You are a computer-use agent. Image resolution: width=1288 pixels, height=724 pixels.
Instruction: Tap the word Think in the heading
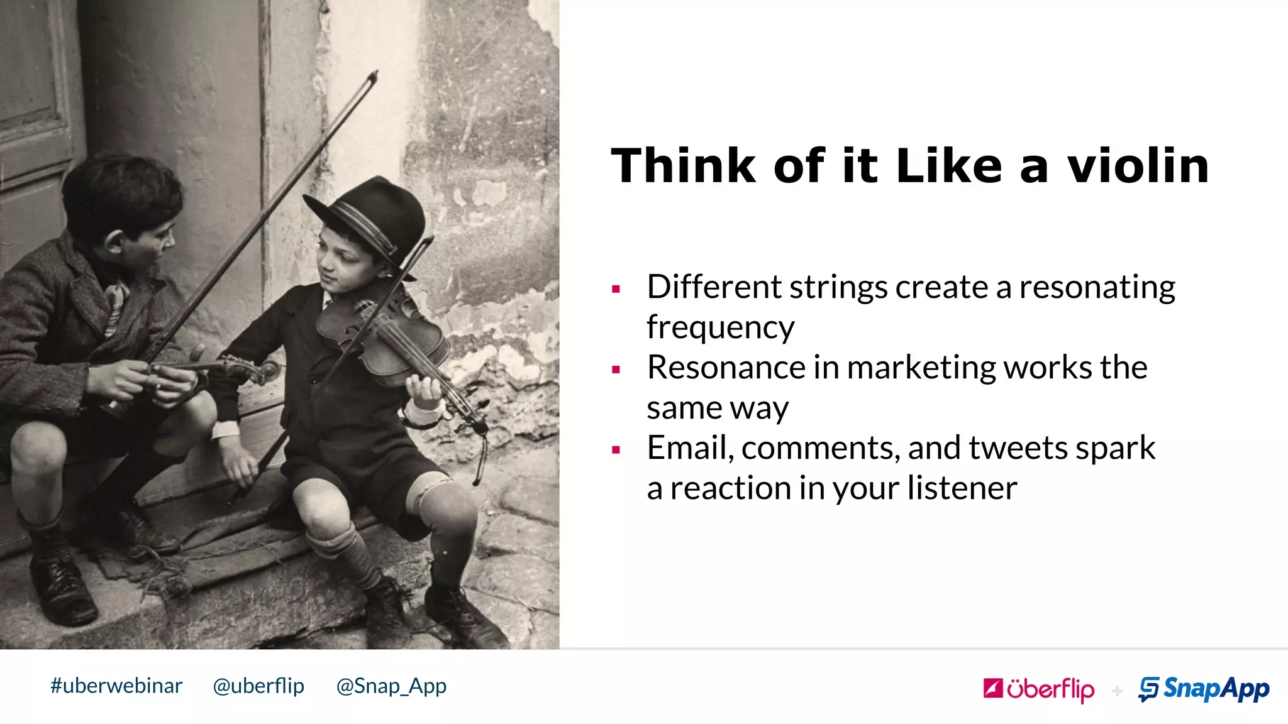tap(683, 167)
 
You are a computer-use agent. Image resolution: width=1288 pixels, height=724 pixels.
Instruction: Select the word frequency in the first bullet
tap(720, 327)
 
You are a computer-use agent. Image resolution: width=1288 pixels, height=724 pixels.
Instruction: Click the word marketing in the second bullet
tap(921, 368)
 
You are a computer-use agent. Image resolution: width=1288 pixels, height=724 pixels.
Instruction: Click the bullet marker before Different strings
tap(616, 289)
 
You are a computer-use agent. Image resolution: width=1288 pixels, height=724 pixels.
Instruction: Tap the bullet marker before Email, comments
tap(616, 450)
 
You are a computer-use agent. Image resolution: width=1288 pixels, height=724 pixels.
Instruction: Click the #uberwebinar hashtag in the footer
tap(116, 686)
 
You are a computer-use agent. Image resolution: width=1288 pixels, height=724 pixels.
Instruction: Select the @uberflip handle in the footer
tap(258, 686)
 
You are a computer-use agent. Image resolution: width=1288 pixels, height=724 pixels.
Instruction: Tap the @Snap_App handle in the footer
tap(391, 686)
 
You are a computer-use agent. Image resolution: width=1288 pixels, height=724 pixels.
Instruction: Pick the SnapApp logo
tap(1204, 689)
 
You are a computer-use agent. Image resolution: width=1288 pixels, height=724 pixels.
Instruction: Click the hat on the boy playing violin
tap(371, 217)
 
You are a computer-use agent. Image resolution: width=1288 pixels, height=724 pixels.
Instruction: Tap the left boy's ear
tap(115, 242)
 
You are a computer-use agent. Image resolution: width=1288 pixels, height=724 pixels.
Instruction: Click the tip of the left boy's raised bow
tap(375, 74)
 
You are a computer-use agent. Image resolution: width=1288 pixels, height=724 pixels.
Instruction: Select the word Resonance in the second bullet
tap(725, 368)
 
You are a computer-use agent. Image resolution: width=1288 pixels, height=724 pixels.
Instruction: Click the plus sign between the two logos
tap(1117, 691)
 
